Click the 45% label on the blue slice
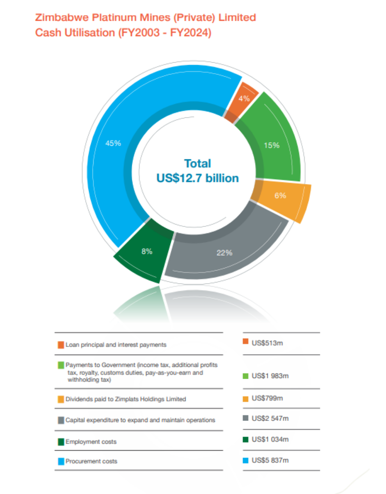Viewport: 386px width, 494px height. point(113,143)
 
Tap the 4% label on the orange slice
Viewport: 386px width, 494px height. point(244,98)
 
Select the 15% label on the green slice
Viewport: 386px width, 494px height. point(272,145)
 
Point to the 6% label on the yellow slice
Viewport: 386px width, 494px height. point(280,195)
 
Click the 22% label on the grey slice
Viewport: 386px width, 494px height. point(224,253)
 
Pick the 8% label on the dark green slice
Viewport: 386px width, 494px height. point(147,251)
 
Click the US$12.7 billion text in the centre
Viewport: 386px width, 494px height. point(197,178)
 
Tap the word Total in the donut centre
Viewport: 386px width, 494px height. point(197,164)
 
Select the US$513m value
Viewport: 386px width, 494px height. point(267,343)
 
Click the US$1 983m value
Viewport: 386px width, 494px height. point(270,376)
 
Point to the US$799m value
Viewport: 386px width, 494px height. point(267,398)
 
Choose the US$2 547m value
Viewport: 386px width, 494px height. point(270,418)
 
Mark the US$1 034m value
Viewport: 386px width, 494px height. point(270,439)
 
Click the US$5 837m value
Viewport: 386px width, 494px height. point(270,460)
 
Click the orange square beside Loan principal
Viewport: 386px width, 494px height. point(61,345)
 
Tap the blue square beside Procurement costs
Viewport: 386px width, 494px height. point(61,461)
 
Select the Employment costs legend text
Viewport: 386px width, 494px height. point(91,442)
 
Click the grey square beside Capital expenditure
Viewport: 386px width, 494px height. point(61,420)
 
